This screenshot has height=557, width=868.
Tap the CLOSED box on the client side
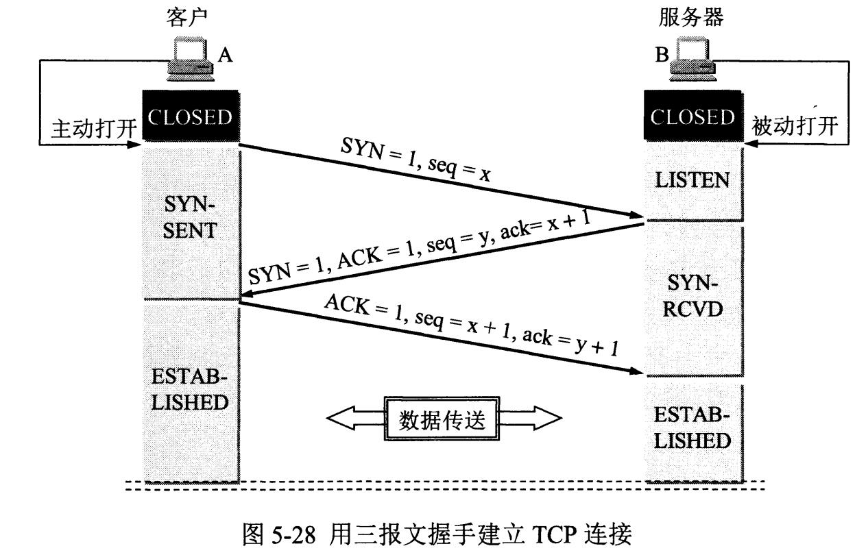click(190, 117)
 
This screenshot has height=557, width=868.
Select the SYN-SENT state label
click(189, 216)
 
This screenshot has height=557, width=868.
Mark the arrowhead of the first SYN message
click(634, 215)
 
